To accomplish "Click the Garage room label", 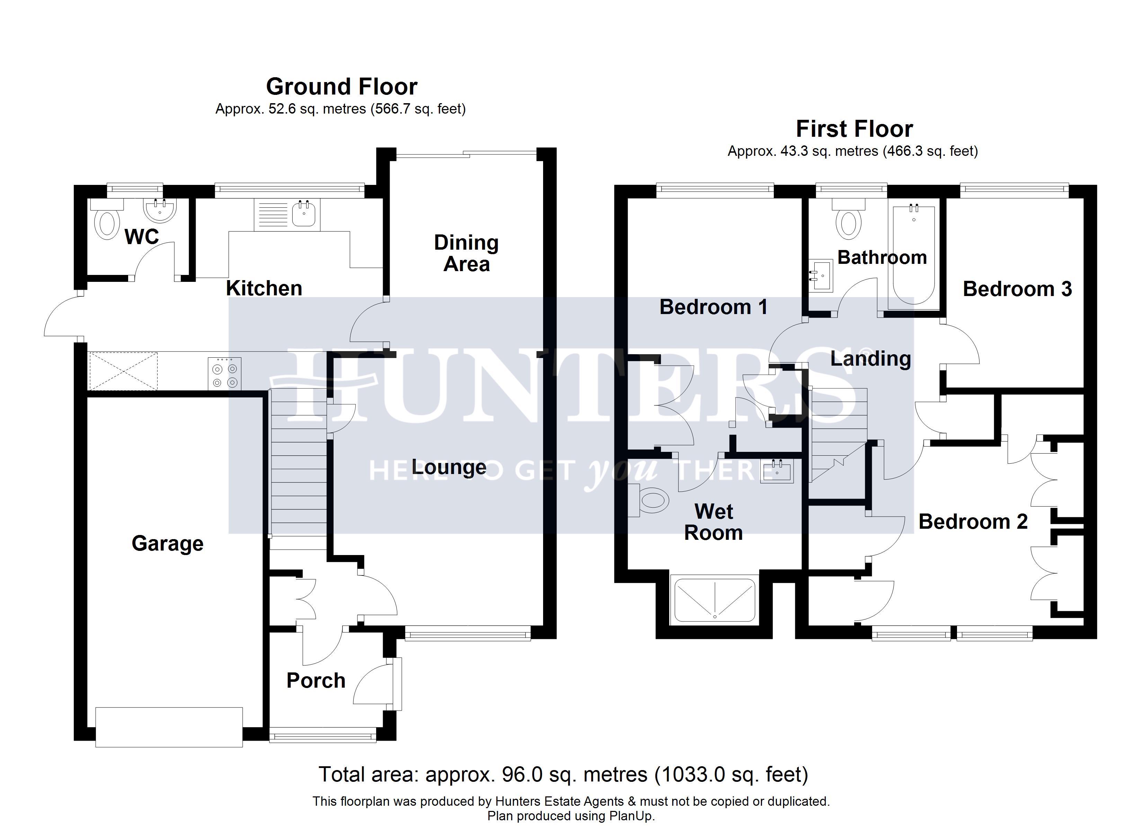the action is [167, 543].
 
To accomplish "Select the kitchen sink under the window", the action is [304, 214].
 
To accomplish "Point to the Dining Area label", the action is [466, 253].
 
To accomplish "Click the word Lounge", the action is [449, 467].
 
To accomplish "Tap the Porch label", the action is [316, 681].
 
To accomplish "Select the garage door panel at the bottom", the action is [169, 727].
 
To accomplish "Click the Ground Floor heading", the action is [342, 87].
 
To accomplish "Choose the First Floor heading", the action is [854, 129].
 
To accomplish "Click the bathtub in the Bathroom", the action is [913, 254].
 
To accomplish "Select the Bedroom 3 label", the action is [1017, 289].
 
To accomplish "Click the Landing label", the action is [870, 359].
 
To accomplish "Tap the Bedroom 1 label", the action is [713, 307].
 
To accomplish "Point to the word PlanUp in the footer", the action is [632, 816].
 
